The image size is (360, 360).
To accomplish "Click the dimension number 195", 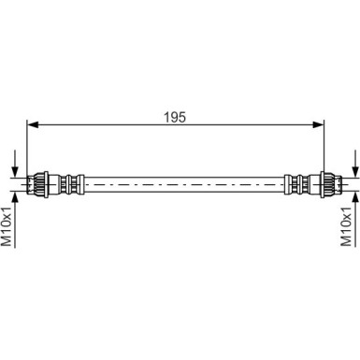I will [175, 118].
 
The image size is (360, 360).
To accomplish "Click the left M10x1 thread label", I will [8, 225].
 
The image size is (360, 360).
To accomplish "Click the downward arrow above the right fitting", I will [355, 163].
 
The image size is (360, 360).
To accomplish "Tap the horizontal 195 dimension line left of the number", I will [94, 126].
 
